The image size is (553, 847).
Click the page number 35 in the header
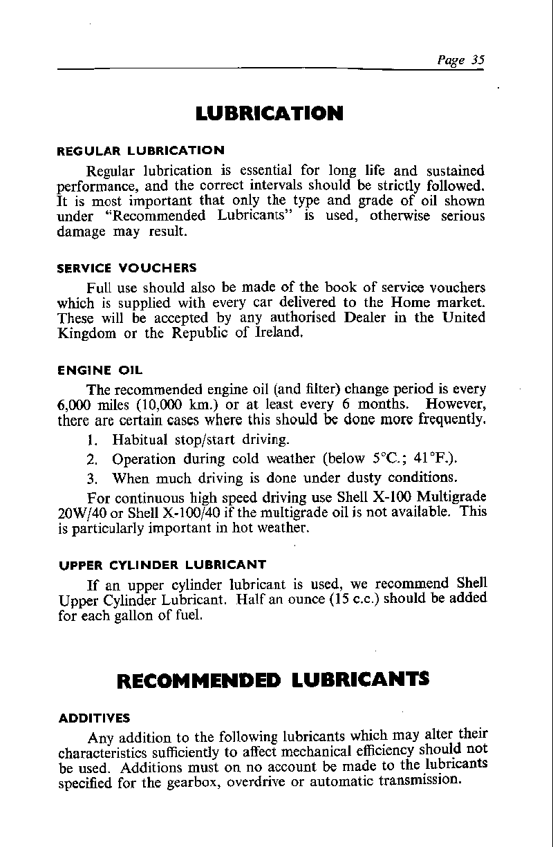476,59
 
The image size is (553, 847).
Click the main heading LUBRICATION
270,113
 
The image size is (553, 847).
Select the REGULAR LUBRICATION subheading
140,150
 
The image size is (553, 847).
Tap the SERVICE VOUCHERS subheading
126,268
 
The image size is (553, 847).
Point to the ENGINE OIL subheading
100,371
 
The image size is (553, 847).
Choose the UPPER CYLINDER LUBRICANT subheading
161,564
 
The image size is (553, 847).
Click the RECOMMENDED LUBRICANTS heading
273,680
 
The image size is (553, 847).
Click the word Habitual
140,440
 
